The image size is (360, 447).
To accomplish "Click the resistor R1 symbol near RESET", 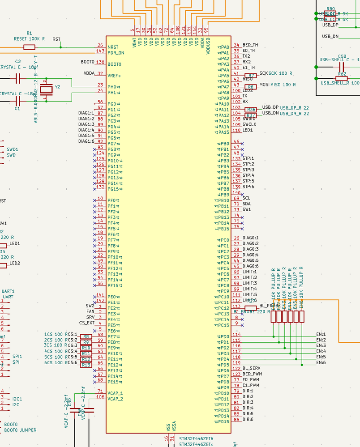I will point(29,47).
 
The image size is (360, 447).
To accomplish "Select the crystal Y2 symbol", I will point(46,89).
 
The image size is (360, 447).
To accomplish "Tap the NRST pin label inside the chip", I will point(113,47).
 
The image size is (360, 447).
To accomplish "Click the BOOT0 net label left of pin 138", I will point(87,62).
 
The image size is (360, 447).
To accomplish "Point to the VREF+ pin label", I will point(115,76).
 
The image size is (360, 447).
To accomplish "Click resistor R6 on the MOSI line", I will point(251,87).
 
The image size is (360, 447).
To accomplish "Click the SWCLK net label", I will point(249,124).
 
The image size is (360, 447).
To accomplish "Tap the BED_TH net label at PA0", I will point(250,45).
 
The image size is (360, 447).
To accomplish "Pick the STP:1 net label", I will point(248,158).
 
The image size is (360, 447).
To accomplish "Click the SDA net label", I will point(246,204).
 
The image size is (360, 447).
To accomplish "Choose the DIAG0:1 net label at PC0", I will point(250,238).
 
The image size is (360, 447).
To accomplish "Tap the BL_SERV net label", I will point(251,368).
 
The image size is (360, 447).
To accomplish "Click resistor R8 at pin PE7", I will point(86,336).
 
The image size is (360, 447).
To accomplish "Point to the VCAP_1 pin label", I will point(115,393).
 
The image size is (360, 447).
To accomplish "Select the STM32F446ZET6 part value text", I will point(196,438).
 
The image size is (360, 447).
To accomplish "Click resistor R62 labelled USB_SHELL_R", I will point(342,78).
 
